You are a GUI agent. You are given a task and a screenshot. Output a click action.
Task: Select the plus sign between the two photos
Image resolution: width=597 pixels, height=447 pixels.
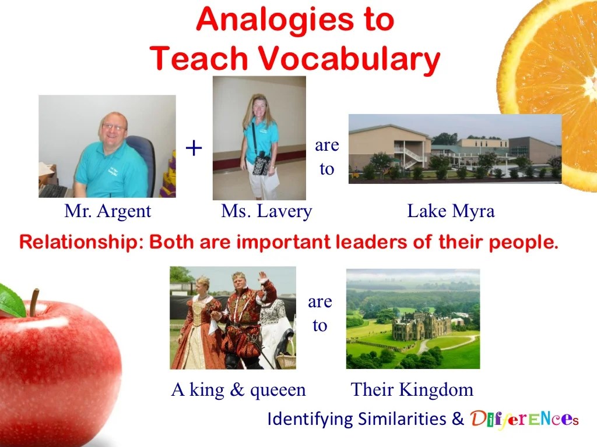click(194, 148)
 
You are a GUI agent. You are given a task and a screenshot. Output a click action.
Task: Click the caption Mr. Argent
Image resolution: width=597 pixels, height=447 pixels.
click(107, 211)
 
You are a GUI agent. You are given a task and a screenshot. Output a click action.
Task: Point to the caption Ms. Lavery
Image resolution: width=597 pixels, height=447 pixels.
click(266, 211)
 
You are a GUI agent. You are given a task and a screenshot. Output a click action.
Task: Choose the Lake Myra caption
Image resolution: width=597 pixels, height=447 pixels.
click(451, 211)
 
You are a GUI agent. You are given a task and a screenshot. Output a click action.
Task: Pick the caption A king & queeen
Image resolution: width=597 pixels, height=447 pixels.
click(238, 389)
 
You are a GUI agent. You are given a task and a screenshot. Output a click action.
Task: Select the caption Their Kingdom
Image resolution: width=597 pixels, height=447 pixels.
click(412, 389)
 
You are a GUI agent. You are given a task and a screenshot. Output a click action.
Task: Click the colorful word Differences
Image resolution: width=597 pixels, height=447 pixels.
click(524, 418)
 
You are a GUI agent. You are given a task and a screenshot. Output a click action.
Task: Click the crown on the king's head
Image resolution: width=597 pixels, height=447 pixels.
click(238, 276)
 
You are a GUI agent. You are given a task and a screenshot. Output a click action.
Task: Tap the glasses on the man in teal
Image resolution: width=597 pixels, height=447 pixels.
click(113, 127)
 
